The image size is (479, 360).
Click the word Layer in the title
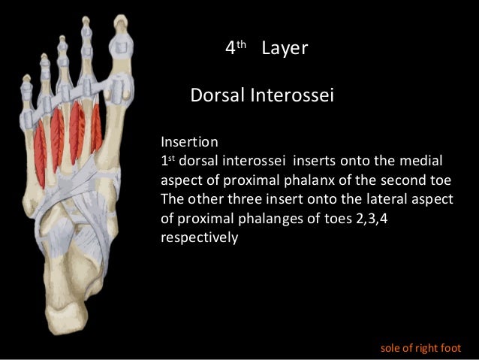click(285, 49)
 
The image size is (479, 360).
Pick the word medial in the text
click(425, 160)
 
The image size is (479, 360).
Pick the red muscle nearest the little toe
click(39, 154)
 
